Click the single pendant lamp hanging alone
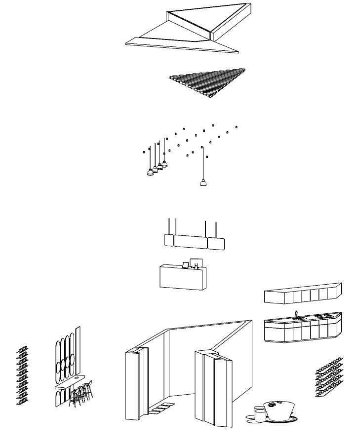(x=202, y=183)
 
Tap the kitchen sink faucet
(x=296, y=314)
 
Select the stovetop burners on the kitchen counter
(x=324, y=316)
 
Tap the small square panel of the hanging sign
(x=168, y=240)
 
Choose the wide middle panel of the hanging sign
(x=191, y=242)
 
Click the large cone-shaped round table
(x=279, y=411)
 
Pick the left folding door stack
(x=134, y=385)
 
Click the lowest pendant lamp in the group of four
(x=150, y=173)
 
